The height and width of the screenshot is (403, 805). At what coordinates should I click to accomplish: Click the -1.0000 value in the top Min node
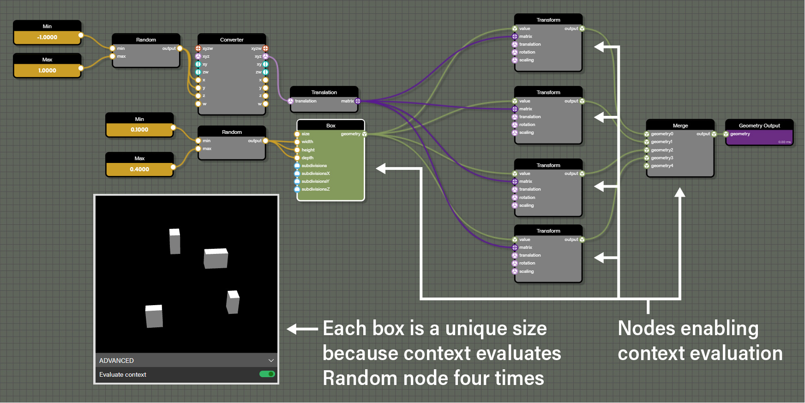point(47,37)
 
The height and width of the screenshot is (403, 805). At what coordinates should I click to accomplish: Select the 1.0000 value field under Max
point(47,71)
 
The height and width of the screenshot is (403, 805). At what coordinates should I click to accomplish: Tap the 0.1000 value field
point(139,130)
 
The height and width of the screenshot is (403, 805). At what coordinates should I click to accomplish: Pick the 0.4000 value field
point(139,169)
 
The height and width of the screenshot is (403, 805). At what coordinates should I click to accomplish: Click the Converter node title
point(232,40)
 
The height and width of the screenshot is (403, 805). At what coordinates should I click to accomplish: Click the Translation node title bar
point(324,92)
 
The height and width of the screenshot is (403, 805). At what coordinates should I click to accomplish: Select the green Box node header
point(330,126)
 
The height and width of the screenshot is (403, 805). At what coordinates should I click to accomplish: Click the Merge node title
point(680,126)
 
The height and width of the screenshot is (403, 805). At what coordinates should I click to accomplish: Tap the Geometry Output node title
point(759,126)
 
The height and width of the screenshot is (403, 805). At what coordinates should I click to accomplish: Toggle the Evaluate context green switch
point(267,374)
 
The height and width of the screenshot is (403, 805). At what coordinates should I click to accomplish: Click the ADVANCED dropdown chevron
point(271,361)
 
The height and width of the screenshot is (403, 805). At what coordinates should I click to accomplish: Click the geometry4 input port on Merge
point(647,166)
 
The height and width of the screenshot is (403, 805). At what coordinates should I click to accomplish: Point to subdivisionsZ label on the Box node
point(315,189)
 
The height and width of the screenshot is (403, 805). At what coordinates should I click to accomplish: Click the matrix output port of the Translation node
point(358,101)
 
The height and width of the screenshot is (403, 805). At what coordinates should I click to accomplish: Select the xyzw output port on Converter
point(265,48)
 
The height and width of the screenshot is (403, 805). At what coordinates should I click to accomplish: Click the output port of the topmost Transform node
point(582,29)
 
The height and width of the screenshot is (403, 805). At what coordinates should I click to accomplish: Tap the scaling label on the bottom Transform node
point(526,271)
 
